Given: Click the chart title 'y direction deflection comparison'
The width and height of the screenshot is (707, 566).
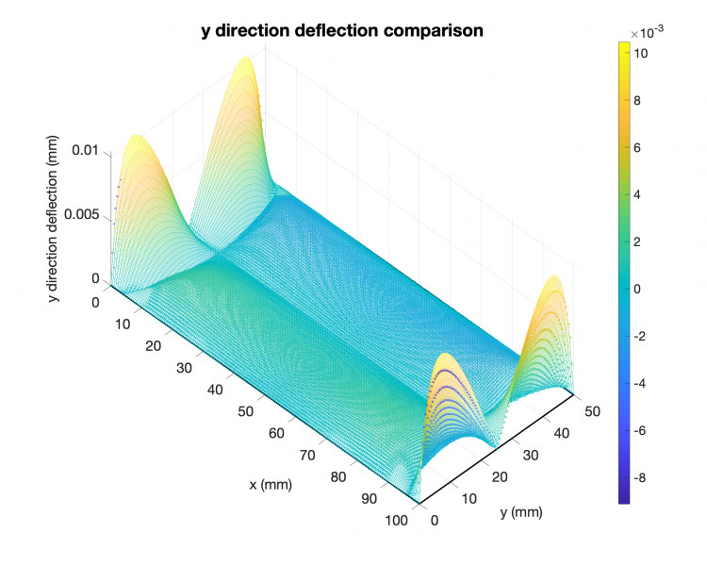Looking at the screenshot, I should (x=342, y=30).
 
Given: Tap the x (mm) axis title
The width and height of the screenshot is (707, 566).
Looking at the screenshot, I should (x=271, y=485).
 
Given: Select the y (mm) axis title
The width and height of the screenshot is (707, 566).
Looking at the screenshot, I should (x=523, y=513).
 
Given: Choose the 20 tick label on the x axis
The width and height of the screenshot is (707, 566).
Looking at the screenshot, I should (x=155, y=346).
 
